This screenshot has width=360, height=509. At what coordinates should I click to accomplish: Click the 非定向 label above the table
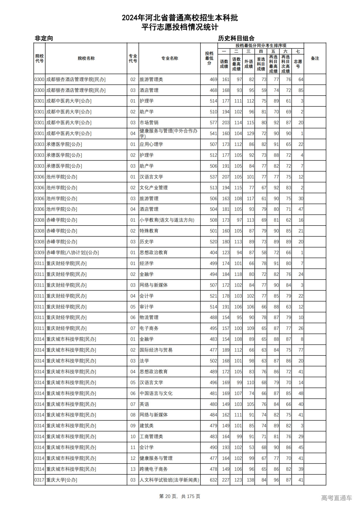44,38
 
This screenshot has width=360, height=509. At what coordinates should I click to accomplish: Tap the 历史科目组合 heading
236,38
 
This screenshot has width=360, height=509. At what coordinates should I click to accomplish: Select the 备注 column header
315,58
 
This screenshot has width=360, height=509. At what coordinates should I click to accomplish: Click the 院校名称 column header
86,58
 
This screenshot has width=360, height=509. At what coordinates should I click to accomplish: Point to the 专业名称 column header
169,58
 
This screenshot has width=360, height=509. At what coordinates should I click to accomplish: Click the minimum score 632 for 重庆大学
213,480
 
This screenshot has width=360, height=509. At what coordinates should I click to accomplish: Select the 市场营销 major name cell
149,123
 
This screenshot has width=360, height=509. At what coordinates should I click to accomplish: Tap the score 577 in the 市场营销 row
213,123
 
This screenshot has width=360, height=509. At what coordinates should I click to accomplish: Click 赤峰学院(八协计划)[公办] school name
73,253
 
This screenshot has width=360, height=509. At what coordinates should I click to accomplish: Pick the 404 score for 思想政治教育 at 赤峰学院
213,253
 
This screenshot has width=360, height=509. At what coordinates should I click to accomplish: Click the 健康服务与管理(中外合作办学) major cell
168,133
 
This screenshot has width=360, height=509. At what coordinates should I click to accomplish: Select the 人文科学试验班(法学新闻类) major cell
169,480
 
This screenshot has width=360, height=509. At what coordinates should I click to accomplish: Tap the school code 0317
39,480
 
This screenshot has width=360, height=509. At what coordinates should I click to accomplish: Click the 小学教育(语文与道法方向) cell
167,220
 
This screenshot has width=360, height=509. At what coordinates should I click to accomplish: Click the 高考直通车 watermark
336,498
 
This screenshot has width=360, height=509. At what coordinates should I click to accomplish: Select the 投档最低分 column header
209,58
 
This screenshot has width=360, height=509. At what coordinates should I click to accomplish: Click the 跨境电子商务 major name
154,469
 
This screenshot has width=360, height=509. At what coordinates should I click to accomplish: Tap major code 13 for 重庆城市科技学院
133,469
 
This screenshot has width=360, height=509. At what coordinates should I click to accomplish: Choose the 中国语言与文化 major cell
156,393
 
